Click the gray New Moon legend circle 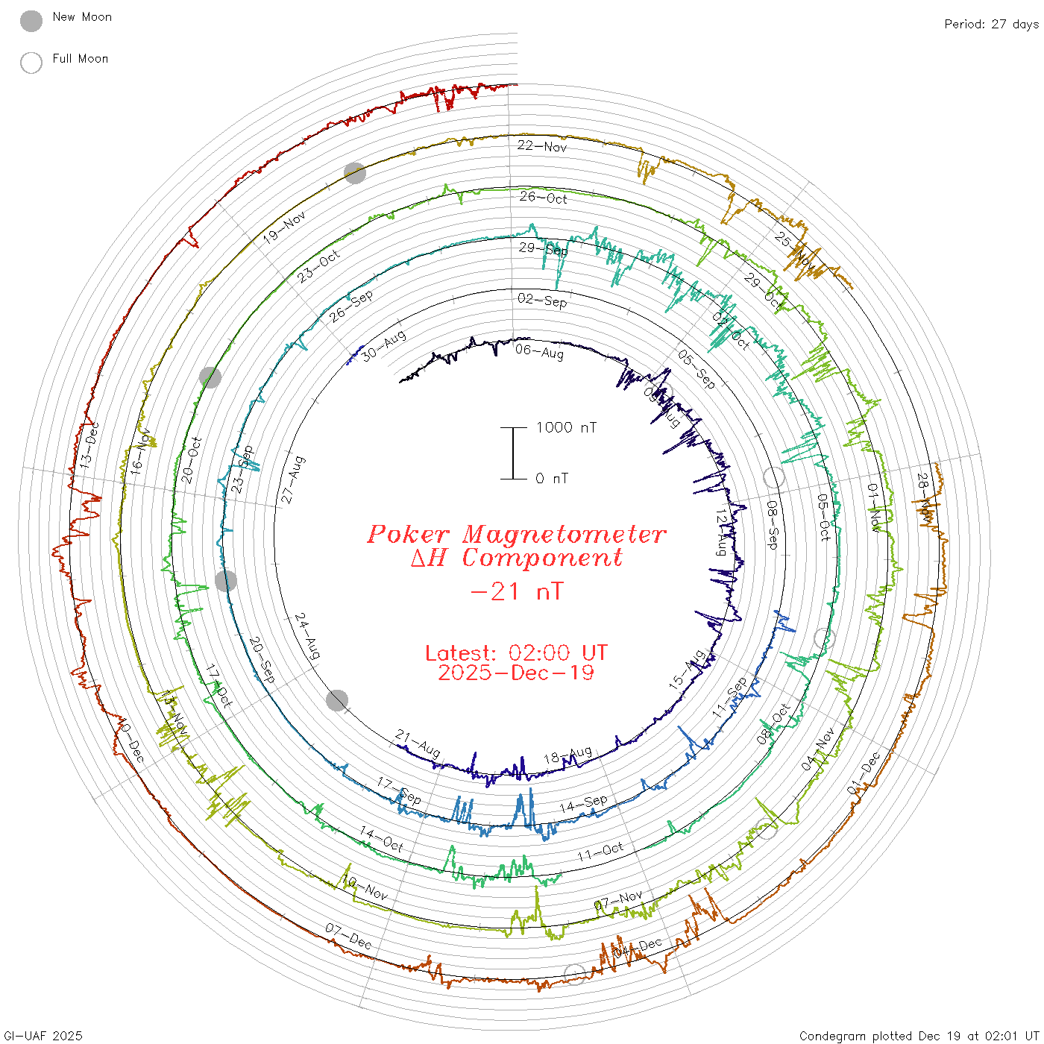(31, 21)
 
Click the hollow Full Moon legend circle (31, 63)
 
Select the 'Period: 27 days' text (991, 24)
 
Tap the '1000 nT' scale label (566, 427)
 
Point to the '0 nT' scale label (552, 479)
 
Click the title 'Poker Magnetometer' (516, 534)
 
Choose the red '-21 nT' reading (516, 592)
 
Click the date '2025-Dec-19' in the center (516, 673)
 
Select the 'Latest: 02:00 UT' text (516, 653)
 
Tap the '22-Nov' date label (542, 146)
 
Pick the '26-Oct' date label (544, 198)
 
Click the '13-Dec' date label (90, 445)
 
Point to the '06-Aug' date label (539, 350)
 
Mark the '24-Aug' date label (307, 636)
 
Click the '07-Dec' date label (348, 936)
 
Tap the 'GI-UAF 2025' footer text (43, 1036)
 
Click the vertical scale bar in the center (513, 453)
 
